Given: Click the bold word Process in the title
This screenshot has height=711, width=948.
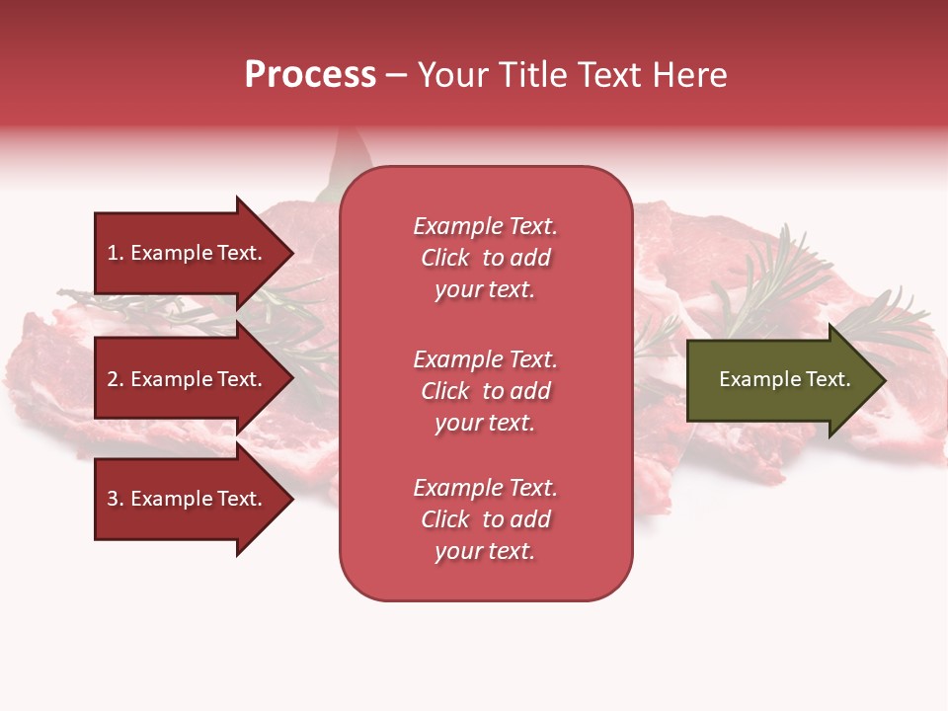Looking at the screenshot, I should point(310,75).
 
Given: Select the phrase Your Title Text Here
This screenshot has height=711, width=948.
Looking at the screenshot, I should point(572,75).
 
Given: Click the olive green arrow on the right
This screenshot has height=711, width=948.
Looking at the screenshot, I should point(780,380).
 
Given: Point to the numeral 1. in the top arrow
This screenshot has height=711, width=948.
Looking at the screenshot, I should point(116,253).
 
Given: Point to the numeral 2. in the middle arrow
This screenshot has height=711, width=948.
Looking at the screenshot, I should point(116,379).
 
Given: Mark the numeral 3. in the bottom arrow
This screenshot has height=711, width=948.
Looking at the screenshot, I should point(116,499).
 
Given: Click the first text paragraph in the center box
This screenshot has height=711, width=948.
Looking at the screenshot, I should point(485,258).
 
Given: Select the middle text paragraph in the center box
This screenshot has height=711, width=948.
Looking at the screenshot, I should point(485,391).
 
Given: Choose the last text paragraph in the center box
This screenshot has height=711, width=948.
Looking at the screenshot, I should point(485,519).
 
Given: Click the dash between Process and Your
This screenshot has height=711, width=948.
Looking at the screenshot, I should point(396,75).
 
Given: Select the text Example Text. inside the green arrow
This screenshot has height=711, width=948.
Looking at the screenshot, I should point(784,379).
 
